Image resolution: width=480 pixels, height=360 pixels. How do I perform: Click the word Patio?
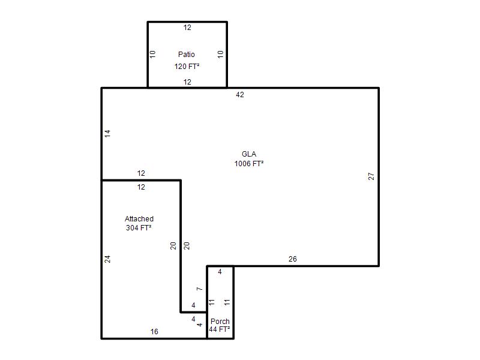(x=187, y=55)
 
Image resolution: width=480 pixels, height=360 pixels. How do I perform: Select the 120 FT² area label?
(x=187, y=67)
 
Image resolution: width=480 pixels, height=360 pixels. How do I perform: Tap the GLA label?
(x=249, y=154)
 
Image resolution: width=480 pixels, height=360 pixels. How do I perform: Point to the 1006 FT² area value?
(x=249, y=163)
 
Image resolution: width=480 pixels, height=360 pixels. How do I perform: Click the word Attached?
(x=139, y=219)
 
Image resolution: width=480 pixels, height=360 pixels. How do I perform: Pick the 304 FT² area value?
(x=139, y=228)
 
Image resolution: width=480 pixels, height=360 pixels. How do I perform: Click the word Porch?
(x=220, y=322)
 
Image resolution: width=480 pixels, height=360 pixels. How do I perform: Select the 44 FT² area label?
(x=220, y=329)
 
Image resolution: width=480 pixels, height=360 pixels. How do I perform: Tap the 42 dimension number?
(x=240, y=95)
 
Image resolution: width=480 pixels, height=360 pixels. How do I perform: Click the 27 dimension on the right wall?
(x=371, y=176)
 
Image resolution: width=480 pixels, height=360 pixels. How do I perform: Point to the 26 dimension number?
(x=293, y=259)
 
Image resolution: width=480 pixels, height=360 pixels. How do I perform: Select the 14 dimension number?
(x=107, y=133)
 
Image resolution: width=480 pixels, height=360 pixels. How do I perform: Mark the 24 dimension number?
(x=107, y=259)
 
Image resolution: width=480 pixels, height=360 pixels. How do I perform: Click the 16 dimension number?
(x=154, y=332)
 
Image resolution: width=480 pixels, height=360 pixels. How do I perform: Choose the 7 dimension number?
(x=199, y=289)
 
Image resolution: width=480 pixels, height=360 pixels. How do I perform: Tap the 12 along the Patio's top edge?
(x=187, y=28)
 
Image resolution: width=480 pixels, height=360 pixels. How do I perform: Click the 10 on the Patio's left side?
(x=152, y=55)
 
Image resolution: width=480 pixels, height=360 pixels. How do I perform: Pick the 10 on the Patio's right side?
(x=220, y=55)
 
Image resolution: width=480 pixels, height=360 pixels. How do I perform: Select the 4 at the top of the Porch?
(x=220, y=272)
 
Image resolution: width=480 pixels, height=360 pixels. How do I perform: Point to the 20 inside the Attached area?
(x=173, y=245)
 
